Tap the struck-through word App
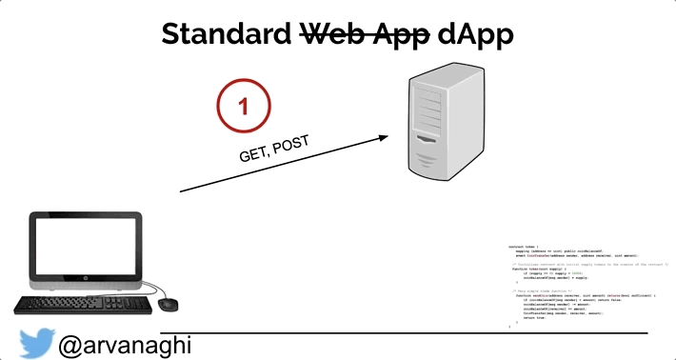[x=400, y=34]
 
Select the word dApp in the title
[x=476, y=34]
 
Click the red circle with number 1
[x=245, y=106]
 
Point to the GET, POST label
[x=275, y=149]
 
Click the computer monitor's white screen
[x=84, y=249]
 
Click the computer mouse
[x=169, y=304]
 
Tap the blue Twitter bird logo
[x=36, y=342]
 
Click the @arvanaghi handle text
[x=125, y=343]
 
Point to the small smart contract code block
[x=587, y=284]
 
